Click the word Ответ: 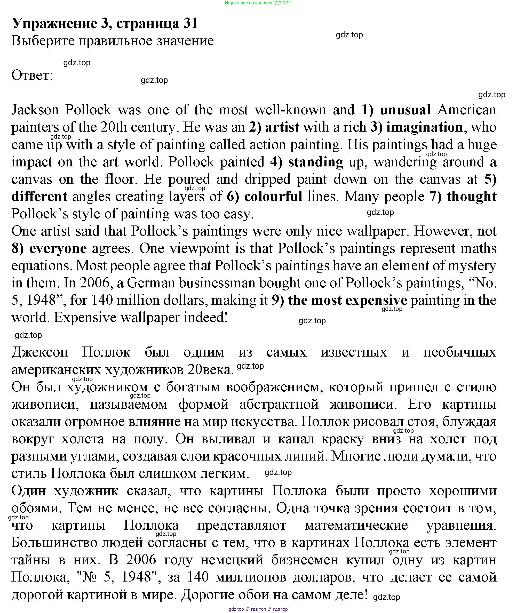[x=32, y=76]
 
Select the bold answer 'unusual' [x=405, y=110]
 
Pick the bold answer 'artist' [x=282, y=127]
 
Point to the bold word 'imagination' [x=424, y=127]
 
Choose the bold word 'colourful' [x=273, y=197]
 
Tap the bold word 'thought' [x=472, y=197]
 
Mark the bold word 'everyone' [x=58, y=249]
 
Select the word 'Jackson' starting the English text [x=35, y=110]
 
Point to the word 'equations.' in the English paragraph [x=42, y=266]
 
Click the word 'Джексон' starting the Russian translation [x=40, y=352]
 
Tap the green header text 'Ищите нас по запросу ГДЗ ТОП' [x=258, y=3]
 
